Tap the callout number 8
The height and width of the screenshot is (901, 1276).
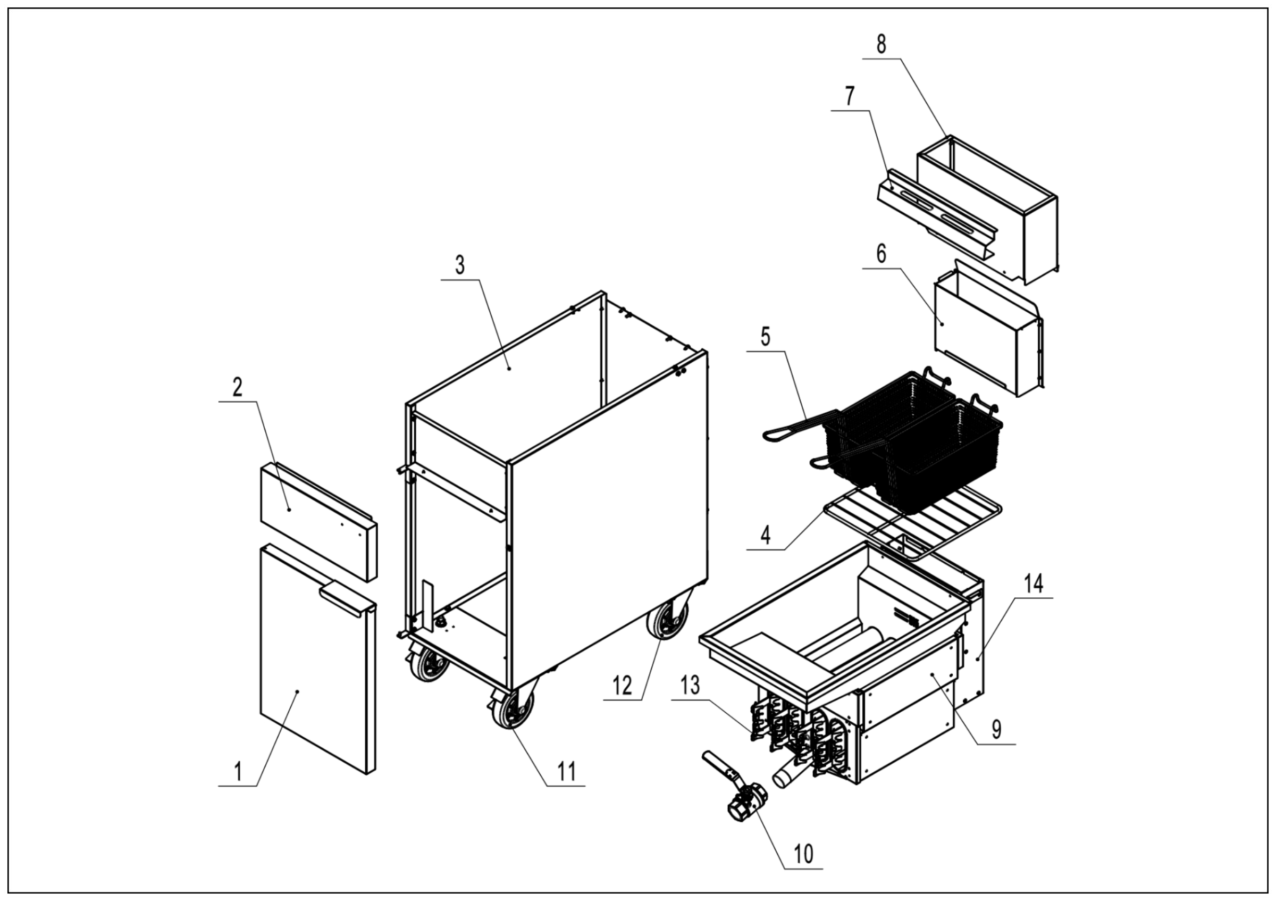(881, 45)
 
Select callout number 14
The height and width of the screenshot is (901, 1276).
(1034, 583)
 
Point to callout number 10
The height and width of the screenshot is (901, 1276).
(803, 853)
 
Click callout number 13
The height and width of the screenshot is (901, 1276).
(690, 686)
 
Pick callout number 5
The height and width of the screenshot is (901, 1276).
(765, 337)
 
